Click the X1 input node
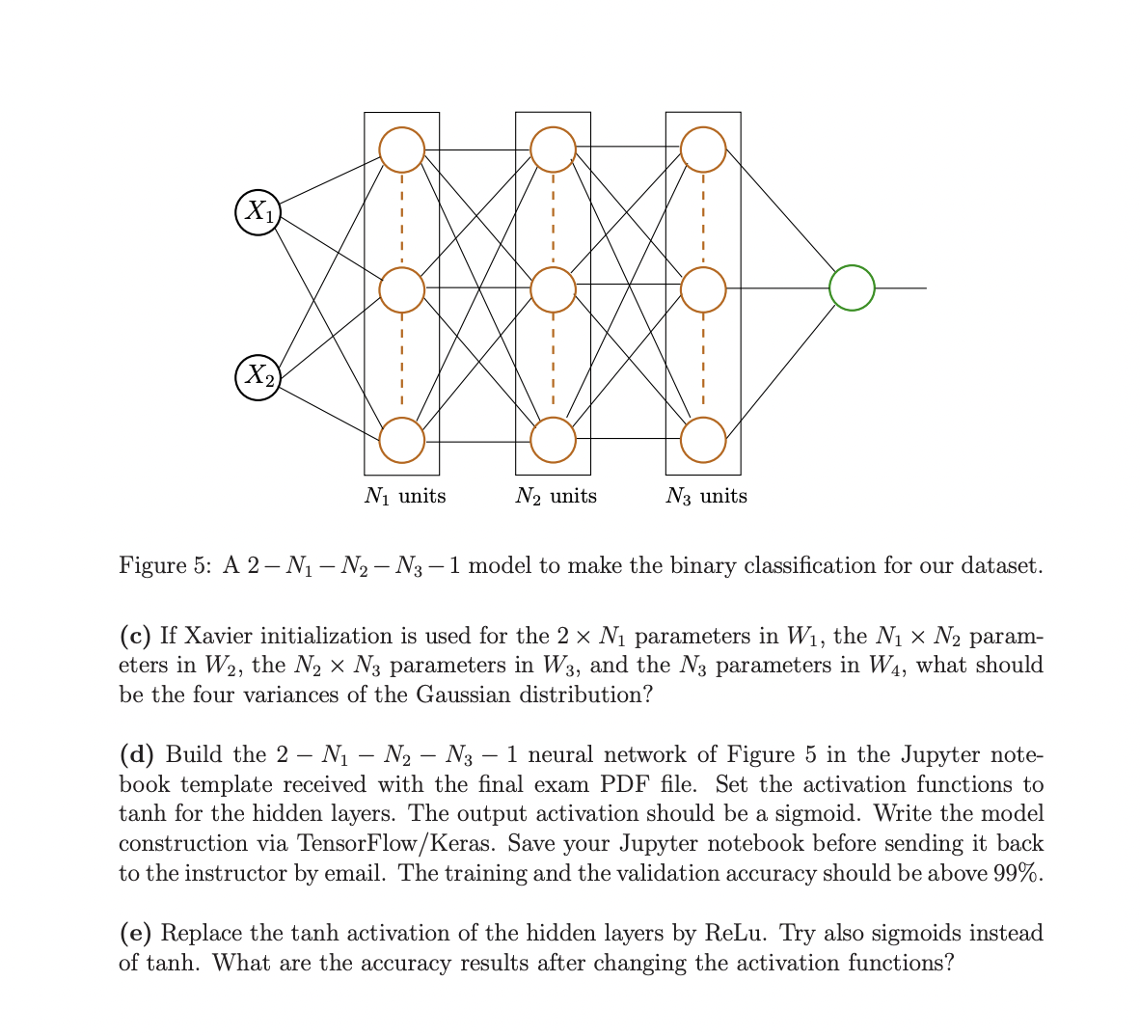258,211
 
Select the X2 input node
258,376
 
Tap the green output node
852,287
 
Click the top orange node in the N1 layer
401,150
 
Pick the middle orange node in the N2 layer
553,288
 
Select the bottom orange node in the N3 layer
703,440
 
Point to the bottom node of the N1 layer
401,440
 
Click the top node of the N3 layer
703,150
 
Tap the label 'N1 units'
405,496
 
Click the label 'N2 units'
556,496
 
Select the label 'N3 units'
706,496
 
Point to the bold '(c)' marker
136,636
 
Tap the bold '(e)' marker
136,933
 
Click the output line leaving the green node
901,287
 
